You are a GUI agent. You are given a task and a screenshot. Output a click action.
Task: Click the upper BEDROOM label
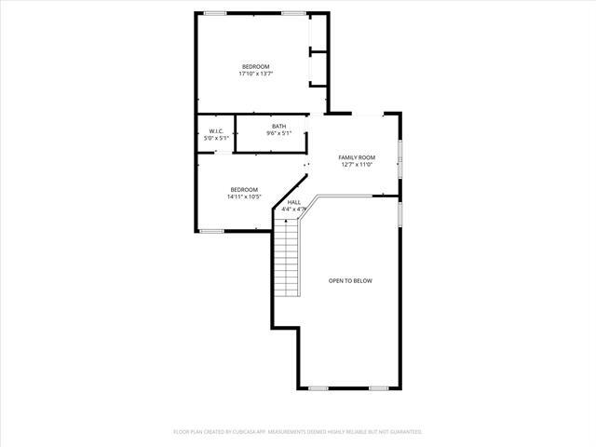coord(255,66)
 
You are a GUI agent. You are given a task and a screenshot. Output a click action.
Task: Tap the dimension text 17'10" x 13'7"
coord(255,74)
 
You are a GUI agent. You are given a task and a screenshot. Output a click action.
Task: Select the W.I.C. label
coord(215,131)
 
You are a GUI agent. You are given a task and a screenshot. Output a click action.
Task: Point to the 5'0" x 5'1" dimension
coord(215,139)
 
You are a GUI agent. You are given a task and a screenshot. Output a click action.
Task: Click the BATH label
coord(279,127)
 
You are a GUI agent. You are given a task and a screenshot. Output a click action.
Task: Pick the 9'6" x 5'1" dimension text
coord(279,134)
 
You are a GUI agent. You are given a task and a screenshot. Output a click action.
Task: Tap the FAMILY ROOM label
coord(357,157)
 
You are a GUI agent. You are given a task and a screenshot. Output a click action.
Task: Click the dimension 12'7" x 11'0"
coord(357,165)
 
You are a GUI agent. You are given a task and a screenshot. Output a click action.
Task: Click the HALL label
coord(294,202)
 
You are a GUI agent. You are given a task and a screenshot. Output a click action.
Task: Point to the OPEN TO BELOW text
coord(350,280)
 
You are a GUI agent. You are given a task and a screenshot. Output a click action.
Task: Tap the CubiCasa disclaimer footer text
coord(298,432)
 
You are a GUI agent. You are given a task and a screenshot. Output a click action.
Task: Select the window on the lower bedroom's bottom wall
coord(211,231)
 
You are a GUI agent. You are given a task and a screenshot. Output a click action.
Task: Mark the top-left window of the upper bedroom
coord(215,13)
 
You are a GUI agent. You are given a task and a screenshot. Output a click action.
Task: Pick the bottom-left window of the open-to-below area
coord(319,387)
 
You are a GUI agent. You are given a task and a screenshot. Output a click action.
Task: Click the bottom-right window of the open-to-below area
coord(378,387)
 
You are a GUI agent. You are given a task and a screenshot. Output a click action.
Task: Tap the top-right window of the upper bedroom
coord(293,13)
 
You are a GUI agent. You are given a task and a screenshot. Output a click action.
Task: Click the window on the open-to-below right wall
coord(400,214)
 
